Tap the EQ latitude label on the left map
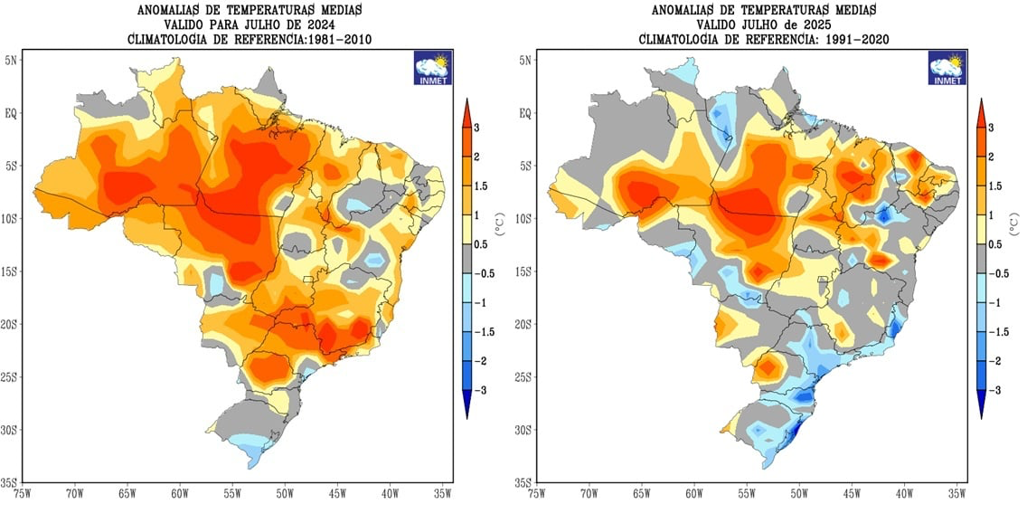[15, 113]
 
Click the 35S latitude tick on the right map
[523, 483]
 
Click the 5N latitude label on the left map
[15, 61]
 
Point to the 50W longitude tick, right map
[800, 493]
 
